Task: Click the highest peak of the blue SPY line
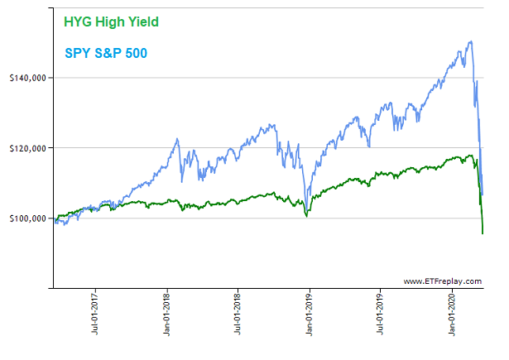pyautogui.click(x=471, y=41)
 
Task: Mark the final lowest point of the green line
pyautogui.click(x=483, y=233)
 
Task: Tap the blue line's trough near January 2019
pyautogui.click(x=305, y=203)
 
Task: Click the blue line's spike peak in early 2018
pyautogui.click(x=178, y=139)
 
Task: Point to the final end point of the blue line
pyautogui.click(x=483, y=194)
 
